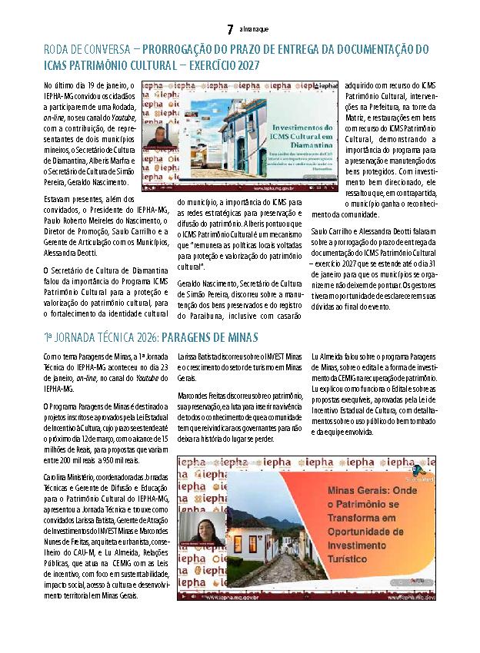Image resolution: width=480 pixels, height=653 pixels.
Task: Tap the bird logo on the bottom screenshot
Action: tap(418, 470)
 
